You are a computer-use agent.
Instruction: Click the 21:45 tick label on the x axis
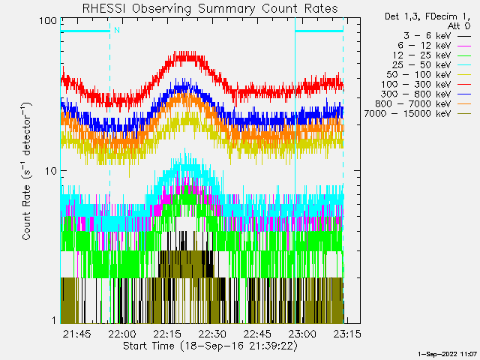77,333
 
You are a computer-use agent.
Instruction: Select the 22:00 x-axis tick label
122,333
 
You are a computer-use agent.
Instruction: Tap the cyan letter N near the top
116,30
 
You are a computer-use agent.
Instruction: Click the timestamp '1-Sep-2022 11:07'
447,352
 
